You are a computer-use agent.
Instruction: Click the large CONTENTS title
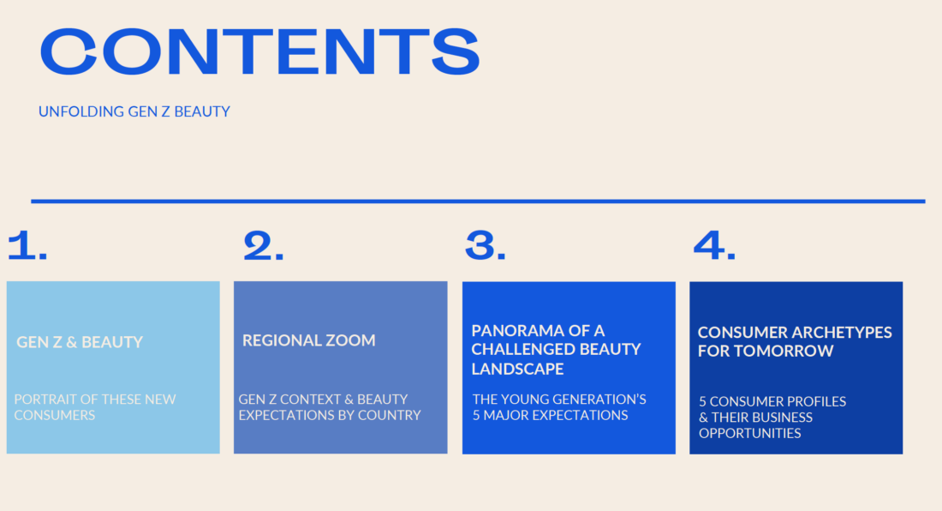click(x=259, y=52)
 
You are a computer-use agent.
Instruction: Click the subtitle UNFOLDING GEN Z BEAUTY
click(x=134, y=111)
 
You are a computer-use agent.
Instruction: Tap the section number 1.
click(x=27, y=246)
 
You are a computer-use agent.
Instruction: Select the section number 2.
click(x=263, y=246)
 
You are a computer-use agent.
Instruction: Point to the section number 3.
click(x=486, y=246)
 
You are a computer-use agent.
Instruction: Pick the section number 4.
click(x=714, y=246)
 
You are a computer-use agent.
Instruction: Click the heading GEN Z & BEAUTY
click(x=80, y=342)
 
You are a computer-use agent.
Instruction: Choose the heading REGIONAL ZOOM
click(x=309, y=340)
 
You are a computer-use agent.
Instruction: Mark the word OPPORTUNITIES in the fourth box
click(x=750, y=434)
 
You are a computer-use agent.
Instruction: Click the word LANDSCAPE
click(x=517, y=370)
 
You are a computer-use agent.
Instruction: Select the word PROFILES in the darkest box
click(x=816, y=401)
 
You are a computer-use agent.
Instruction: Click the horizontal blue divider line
click(x=478, y=201)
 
